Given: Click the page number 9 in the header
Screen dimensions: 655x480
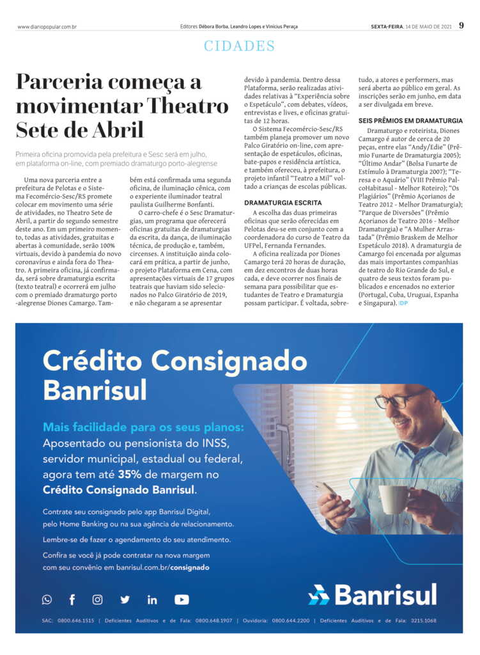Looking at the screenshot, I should coord(461,26).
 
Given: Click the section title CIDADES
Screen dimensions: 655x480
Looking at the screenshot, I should coord(240,46).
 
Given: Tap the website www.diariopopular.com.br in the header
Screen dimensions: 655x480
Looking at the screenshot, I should coord(47,27).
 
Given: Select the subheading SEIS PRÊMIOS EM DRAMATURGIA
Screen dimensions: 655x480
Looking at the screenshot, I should coord(410,120).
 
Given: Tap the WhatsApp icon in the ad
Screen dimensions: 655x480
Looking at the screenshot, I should coord(47,599).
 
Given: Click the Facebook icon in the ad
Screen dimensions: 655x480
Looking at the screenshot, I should coord(72,599).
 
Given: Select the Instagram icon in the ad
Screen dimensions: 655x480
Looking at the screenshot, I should coord(97,599).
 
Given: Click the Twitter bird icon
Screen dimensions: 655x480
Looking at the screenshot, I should coord(125,599).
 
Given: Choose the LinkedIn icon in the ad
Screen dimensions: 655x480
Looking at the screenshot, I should coord(152,599).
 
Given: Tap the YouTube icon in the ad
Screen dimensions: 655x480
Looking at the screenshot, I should coord(182,599).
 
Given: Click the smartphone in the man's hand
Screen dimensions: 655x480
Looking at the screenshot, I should coord(325,489).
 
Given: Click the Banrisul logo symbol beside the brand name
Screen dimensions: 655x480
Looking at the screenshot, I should coord(319,595).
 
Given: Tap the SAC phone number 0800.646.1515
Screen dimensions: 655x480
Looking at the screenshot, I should coord(76,620).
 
